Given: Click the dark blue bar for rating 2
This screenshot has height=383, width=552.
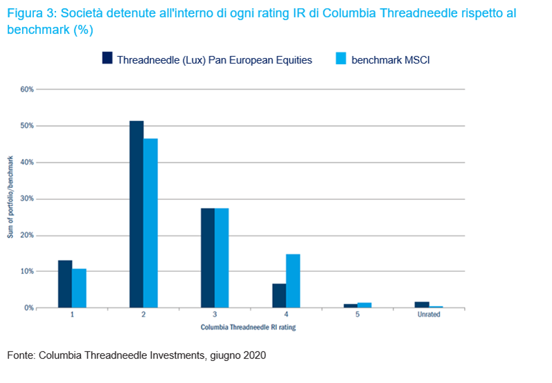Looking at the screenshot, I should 136,214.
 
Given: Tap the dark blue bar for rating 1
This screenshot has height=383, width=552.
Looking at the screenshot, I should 65,284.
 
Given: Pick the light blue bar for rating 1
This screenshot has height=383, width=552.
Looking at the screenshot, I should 79,288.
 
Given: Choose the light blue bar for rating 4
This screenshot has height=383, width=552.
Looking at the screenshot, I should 293,281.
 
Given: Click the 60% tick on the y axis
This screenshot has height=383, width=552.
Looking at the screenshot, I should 27,89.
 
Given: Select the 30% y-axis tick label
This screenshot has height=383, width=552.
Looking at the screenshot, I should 27,198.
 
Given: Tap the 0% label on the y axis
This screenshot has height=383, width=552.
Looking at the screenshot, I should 28,308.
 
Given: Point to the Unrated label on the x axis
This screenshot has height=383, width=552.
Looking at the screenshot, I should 427,315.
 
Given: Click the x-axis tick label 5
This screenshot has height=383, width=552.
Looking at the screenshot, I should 357,315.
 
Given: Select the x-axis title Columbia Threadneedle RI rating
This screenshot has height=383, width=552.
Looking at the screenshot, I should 248,327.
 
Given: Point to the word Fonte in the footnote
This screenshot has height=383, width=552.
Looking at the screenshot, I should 20,355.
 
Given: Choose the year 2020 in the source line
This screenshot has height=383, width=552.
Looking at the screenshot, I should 253,355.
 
